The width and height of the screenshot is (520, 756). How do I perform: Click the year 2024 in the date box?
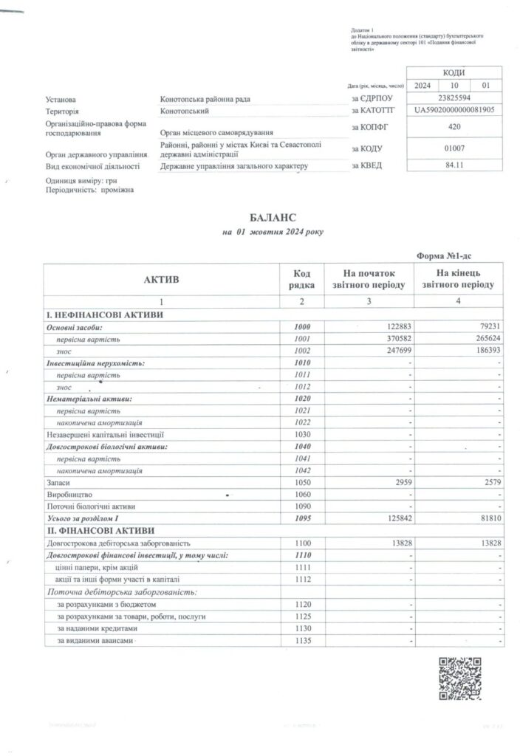point(422,86)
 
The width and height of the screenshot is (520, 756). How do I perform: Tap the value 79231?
point(490,327)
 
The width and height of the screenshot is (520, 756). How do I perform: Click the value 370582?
point(393,340)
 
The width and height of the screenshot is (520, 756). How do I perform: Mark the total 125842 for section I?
point(393,518)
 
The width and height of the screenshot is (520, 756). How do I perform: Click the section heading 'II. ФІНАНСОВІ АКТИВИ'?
point(98,531)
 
